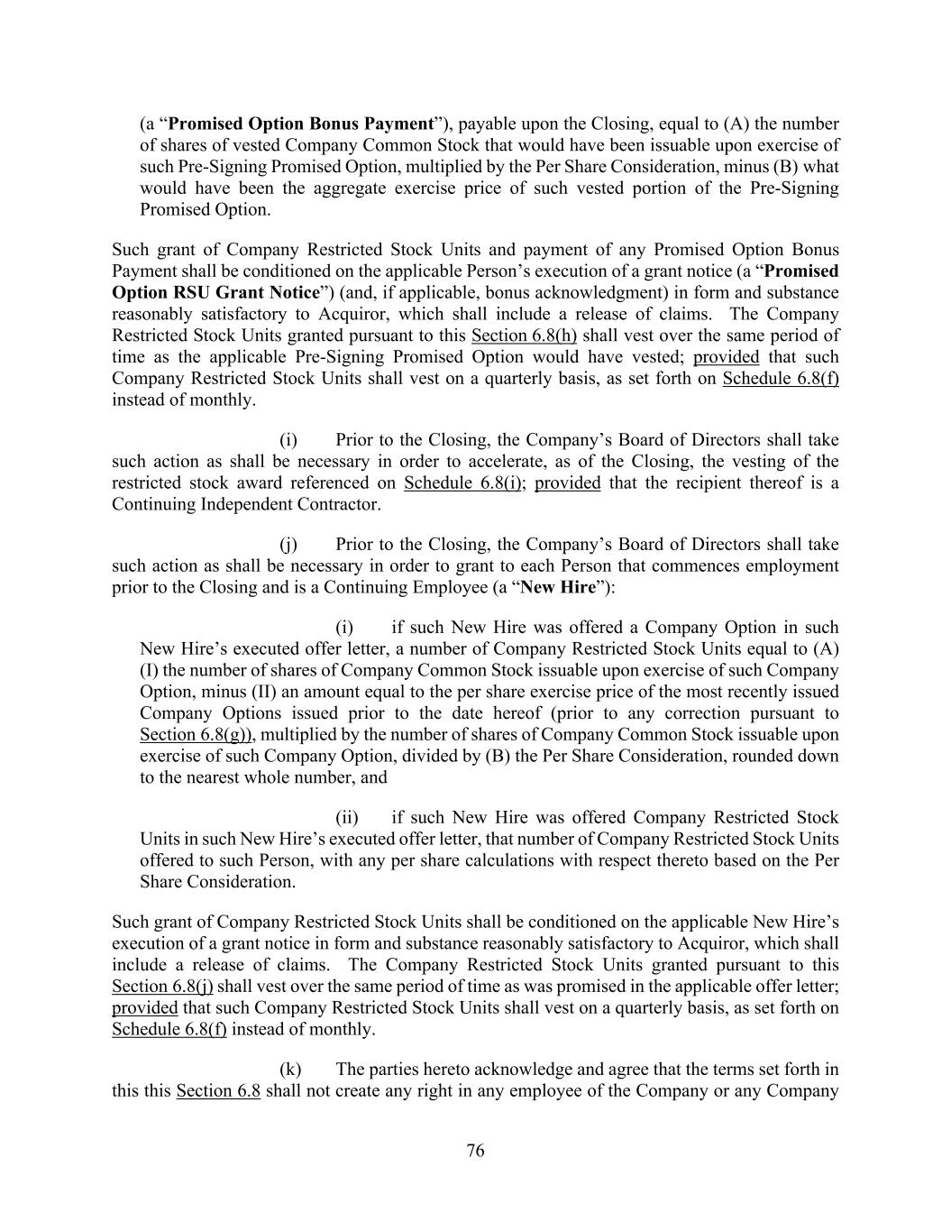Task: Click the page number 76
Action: click(x=475, y=1151)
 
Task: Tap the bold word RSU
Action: click(x=192, y=292)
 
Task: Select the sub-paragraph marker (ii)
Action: click(x=347, y=817)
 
